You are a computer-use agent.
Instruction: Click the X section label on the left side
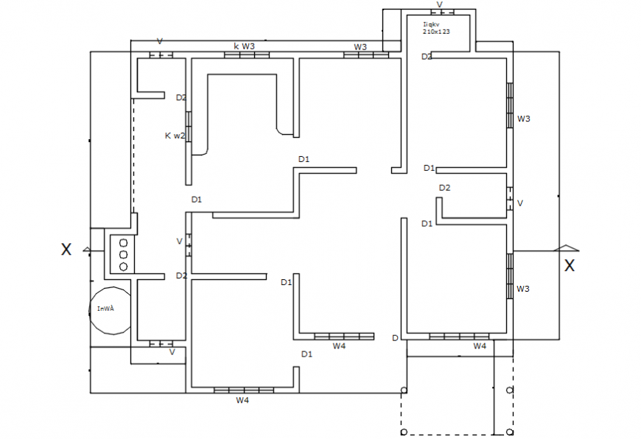[x=66, y=250]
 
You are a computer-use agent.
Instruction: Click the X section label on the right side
[x=569, y=266]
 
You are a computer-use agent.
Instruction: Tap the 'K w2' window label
[x=175, y=136]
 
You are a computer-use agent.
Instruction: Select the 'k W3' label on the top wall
[x=245, y=46]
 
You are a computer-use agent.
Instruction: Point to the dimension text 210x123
[x=436, y=32]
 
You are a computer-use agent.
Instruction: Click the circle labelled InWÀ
[x=111, y=309]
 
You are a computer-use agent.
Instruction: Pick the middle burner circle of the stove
[x=123, y=254]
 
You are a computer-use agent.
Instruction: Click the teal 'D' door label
[x=395, y=338]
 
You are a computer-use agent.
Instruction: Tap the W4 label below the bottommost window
[x=242, y=401]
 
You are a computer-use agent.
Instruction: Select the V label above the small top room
[x=440, y=5]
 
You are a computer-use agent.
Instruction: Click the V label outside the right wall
[x=520, y=203]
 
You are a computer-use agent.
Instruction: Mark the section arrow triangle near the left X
[x=87, y=250]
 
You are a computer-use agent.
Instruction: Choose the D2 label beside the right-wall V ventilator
[x=444, y=188]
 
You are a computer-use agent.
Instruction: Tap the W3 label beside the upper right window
[x=523, y=119]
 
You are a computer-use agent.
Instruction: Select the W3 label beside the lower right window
[x=522, y=289]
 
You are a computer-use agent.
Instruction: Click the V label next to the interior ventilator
[x=179, y=242]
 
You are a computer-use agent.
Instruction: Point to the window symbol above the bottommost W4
[x=244, y=389]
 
